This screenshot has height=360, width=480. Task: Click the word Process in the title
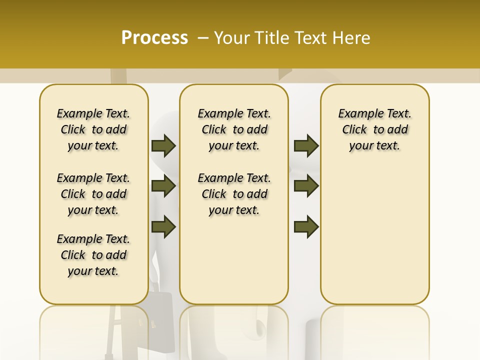[154, 38]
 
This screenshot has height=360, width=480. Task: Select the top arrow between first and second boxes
[163, 145]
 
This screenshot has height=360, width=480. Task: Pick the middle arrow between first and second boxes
[163, 186]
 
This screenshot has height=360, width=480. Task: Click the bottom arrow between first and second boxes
[163, 227]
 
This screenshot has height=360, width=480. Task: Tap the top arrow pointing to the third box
[306, 145]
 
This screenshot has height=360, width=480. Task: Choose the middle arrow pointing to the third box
[306, 186]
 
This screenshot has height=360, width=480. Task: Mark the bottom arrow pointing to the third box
[306, 227]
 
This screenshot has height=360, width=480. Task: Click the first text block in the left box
[93, 129]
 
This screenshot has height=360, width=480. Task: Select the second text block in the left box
[93, 194]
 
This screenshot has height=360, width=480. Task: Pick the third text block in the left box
[93, 255]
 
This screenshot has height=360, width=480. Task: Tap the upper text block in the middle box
[234, 129]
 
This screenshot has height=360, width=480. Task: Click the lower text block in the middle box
[234, 194]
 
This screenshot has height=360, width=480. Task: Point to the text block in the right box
[375, 129]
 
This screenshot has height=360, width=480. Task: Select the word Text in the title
[311, 38]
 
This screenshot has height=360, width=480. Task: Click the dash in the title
[203, 38]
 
